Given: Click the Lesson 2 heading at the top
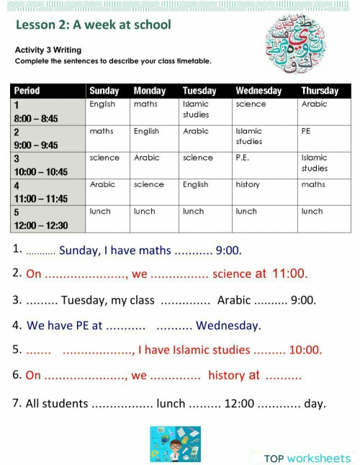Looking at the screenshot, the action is click(x=93, y=25).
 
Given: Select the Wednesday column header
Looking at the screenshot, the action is click(x=258, y=91).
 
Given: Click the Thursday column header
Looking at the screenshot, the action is click(x=320, y=91).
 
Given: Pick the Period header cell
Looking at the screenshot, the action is click(x=27, y=91).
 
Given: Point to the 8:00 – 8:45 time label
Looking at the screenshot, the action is click(x=35, y=118).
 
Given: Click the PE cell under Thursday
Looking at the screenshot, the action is click(x=306, y=131).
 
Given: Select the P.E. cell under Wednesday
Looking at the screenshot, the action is click(x=242, y=158).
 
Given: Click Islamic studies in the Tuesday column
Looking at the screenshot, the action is click(x=196, y=109).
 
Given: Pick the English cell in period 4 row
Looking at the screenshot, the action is click(x=195, y=185).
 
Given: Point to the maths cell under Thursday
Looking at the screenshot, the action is click(x=313, y=185).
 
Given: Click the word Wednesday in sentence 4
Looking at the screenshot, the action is click(x=228, y=325).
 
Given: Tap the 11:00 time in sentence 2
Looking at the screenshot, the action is click(x=289, y=274).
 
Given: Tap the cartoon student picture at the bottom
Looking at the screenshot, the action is click(x=175, y=443).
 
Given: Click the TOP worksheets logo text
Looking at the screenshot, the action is click(x=307, y=459).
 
